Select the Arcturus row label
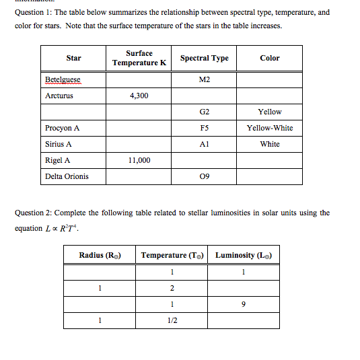pos(59,96)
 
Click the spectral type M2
pos(205,79)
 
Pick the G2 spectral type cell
pos(205,112)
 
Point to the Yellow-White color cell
pos(269,128)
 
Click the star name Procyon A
pos(63,128)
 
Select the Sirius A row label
pos(59,144)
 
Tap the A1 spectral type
pos(205,144)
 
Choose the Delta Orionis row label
pos(67,176)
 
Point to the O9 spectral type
pos(205,176)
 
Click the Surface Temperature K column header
pos(139,58)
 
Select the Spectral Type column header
pos(205,58)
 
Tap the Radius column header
pos(100,255)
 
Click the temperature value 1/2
pos(172,320)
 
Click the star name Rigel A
pos(58,160)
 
